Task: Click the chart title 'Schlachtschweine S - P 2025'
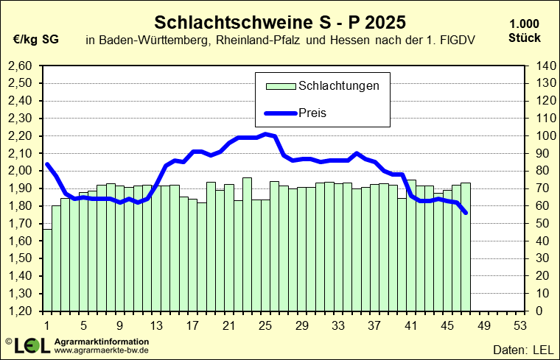click(x=280, y=19)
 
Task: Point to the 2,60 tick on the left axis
click(x=20, y=66)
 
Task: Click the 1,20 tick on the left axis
click(x=20, y=311)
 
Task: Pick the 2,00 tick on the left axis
click(x=20, y=171)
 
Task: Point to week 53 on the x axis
click(x=519, y=325)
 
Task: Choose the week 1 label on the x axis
click(x=46, y=325)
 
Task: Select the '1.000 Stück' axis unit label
click(x=524, y=32)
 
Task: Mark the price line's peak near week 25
click(x=266, y=134)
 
